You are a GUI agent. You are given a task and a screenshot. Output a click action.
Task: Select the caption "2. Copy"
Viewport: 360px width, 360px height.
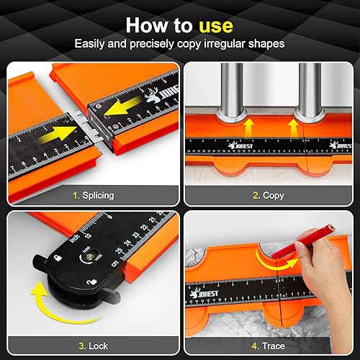click(x=268, y=194)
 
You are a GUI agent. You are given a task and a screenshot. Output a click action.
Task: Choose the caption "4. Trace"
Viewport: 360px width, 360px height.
click(x=268, y=346)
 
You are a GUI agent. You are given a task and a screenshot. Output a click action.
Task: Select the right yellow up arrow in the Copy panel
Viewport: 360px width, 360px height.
click(x=293, y=127)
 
